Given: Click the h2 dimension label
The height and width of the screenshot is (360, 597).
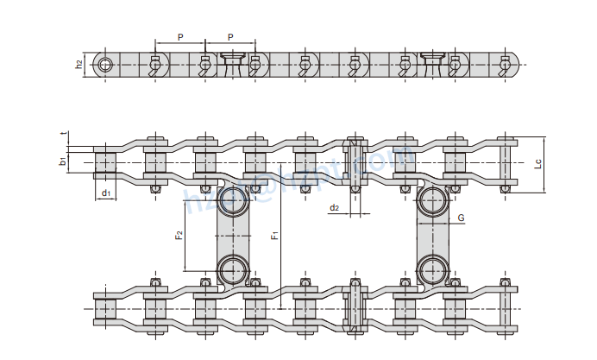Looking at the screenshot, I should [79, 63].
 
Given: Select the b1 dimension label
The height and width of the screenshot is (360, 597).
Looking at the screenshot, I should [64, 161].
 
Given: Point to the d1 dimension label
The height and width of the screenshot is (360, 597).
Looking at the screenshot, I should [105, 193].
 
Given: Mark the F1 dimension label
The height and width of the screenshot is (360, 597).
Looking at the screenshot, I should [274, 233].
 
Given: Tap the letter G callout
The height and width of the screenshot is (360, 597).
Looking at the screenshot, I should [462, 218].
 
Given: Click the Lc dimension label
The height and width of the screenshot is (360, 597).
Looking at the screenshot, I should [537, 162].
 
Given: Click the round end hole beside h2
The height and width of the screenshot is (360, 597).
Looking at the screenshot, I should [105, 64].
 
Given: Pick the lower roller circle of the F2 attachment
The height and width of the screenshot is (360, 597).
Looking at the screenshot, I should [230, 268].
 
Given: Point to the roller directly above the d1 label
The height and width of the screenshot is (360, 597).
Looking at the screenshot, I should [105, 161].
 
